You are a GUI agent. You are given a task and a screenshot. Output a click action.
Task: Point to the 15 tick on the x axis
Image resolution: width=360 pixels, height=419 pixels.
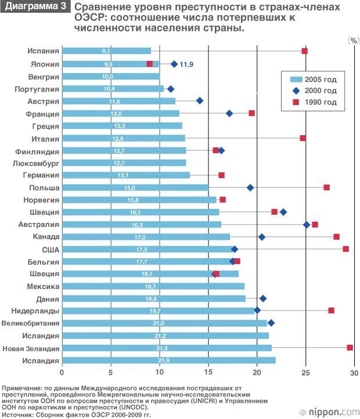coord(208,373)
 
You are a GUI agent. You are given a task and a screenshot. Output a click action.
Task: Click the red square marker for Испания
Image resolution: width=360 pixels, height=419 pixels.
coord(304,51)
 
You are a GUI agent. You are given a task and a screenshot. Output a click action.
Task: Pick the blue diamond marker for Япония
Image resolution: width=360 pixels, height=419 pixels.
coord(174,63)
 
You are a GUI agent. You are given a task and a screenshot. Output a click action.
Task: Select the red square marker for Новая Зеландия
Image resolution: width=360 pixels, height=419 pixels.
coord(350,347)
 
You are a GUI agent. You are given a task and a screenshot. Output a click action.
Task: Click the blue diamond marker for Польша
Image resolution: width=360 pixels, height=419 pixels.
coord(250,187)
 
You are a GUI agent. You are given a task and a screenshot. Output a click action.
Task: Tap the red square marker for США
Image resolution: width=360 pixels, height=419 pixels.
coord(346,249)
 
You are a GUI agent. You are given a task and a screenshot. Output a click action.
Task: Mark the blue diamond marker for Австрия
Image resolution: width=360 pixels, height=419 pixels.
coord(200,100)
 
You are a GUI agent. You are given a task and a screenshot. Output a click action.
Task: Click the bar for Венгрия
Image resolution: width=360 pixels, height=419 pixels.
coord(110,76)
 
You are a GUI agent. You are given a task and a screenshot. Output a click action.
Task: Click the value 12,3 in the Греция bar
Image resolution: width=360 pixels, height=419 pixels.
coord(120,126)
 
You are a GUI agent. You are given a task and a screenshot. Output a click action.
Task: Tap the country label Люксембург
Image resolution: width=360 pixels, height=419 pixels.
coord(36,163)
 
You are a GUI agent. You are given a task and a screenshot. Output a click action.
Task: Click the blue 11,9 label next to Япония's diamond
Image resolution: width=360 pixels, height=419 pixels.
coord(186,64)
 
